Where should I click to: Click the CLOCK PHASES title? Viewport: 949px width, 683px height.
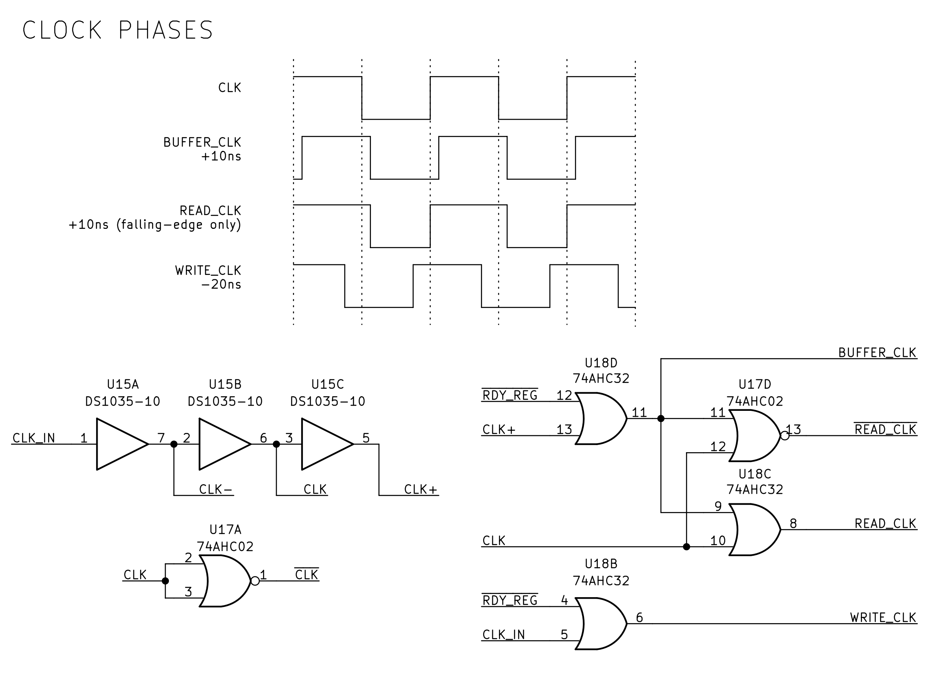point(118,30)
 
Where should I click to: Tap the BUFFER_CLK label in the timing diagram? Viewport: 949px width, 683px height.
point(202,143)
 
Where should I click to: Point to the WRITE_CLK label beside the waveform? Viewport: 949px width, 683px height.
point(208,271)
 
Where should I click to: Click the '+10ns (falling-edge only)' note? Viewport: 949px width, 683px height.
point(155,225)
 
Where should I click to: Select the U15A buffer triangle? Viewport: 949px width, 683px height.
point(119,444)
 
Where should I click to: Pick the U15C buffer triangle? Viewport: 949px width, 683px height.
point(324,444)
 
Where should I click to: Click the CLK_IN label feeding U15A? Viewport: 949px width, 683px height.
point(34,438)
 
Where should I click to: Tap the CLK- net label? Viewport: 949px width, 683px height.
point(215,489)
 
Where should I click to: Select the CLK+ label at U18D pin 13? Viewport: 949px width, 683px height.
point(499,430)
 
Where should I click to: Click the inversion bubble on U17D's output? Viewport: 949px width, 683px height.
point(785,436)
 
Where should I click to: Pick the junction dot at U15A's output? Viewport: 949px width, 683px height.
point(174,444)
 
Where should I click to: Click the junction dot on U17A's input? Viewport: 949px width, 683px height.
point(165,581)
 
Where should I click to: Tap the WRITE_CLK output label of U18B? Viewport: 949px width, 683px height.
point(883,618)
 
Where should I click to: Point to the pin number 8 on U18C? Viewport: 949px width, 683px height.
point(793,523)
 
